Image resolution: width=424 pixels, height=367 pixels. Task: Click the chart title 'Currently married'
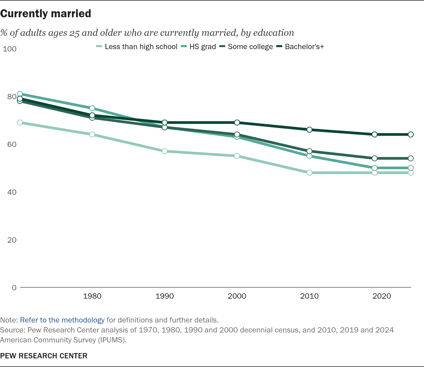pos(46,14)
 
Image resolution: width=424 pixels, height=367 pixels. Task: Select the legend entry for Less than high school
pos(141,47)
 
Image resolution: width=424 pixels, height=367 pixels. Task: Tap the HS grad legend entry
pos(202,47)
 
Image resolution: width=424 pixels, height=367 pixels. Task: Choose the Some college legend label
pos(250,47)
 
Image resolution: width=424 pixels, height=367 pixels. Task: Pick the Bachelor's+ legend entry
pos(304,47)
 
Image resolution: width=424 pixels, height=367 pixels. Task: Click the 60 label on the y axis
pos(12,144)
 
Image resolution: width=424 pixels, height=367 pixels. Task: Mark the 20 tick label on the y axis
pos(12,240)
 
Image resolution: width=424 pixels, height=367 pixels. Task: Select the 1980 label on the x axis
pos(92,296)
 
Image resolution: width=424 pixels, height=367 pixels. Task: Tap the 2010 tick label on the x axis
pos(309,296)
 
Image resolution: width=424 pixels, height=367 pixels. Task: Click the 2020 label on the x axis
pos(382,296)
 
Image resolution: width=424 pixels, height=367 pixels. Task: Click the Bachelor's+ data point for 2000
pos(237,122)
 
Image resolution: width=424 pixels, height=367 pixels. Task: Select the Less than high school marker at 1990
pos(165,151)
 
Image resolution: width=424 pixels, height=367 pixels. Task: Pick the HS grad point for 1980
pos(92,108)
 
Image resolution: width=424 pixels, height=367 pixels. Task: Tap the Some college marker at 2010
pos(309,151)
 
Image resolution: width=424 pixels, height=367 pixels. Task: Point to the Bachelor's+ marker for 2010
pos(309,129)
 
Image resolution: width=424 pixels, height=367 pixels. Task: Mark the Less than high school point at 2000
pos(237,156)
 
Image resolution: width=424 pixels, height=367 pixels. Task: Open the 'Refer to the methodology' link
pos(62,320)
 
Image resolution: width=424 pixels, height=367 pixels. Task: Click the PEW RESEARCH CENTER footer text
pos(44,356)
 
